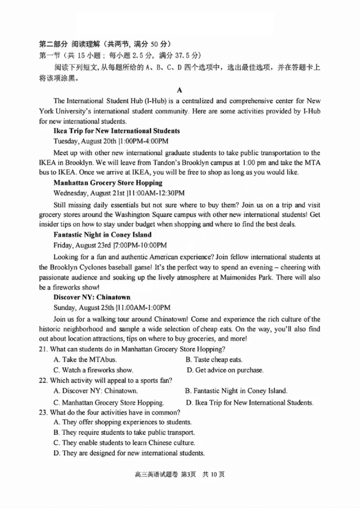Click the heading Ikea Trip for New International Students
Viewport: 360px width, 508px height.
point(117,131)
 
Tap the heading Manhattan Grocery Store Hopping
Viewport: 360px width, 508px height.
point(108,183)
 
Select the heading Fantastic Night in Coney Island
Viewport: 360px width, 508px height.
point(102,234)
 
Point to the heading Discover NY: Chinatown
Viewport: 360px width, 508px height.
point(92,297)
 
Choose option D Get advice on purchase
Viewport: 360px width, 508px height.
point(225,370)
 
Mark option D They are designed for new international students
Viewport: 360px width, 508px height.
point(129,453)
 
